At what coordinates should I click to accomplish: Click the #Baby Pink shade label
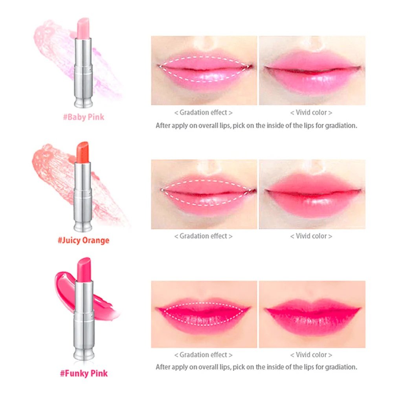[x=83, y=117]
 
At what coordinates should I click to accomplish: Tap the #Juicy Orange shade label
[x=83, y=241]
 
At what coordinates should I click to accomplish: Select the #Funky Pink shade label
[x=84, y=373]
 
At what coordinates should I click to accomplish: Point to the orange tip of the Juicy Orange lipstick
[x=83, y=152]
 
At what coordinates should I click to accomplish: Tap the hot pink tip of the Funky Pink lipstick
[x=84, y=269]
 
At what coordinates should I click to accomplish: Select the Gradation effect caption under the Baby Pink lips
[x=203, y=112]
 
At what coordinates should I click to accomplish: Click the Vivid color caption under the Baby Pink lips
[x=311, y=112]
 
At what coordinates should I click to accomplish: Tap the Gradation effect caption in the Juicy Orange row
[x=203, y=236]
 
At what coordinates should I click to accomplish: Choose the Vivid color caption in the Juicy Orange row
[x=311, y=236]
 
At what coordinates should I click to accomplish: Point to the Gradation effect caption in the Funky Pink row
[x=203, y=355]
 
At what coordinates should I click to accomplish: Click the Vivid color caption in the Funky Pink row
[x=311, y=355]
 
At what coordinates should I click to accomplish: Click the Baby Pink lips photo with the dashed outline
[x=204, y=70]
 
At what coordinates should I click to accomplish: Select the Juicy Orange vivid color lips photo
[x=312, y=194]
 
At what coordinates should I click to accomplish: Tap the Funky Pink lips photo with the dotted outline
[x=204, y=314]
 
